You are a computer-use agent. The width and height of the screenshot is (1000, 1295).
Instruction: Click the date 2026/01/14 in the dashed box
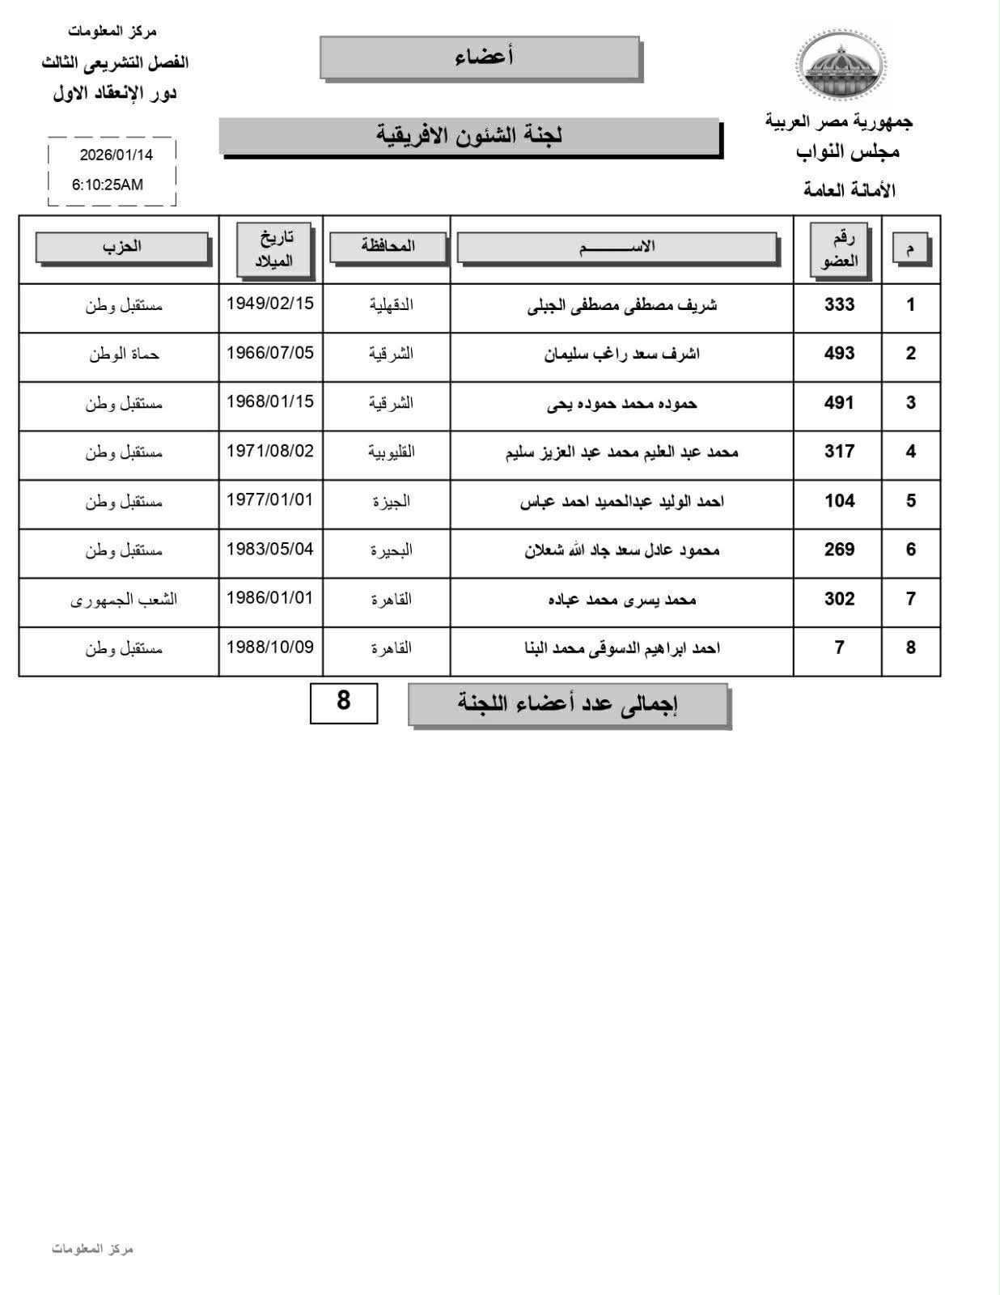click(x=116, y=155)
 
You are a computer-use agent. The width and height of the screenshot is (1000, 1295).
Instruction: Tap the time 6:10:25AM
click(x=108, y=185)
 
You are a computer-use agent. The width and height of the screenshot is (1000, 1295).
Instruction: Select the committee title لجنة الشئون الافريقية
click(x=469, y=135)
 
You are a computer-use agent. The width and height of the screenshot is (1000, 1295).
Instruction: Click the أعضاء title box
click(x=481, y=57)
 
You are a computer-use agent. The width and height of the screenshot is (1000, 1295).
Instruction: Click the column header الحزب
click(x=122, y=247)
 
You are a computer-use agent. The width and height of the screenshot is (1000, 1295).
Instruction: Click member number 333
click(x=839, y=304)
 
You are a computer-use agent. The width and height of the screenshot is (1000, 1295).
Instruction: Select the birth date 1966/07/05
click(x=270, y=353)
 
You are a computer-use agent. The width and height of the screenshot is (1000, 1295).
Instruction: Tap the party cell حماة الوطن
click(x=124, y=354)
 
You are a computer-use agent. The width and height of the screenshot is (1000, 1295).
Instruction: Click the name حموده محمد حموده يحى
click(x=621, y=403)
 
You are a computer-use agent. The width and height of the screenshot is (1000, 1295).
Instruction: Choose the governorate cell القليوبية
click(x=392, y=452)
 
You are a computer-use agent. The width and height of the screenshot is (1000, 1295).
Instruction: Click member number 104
click(x=839, y=501)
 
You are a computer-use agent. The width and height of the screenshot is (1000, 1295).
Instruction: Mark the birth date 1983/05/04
click(x=270, y=549)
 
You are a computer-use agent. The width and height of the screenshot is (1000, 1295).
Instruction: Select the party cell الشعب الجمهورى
click(x=124, y=599)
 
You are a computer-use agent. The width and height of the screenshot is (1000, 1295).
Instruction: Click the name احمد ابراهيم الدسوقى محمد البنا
click(x=621, y=647)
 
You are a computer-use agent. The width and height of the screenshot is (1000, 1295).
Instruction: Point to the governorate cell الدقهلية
click(x=392, y=304)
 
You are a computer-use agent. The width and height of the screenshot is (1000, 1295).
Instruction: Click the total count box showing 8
click(x=344, y=701)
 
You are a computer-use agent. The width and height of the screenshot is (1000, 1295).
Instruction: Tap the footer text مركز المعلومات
click(x=92, y=1248)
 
